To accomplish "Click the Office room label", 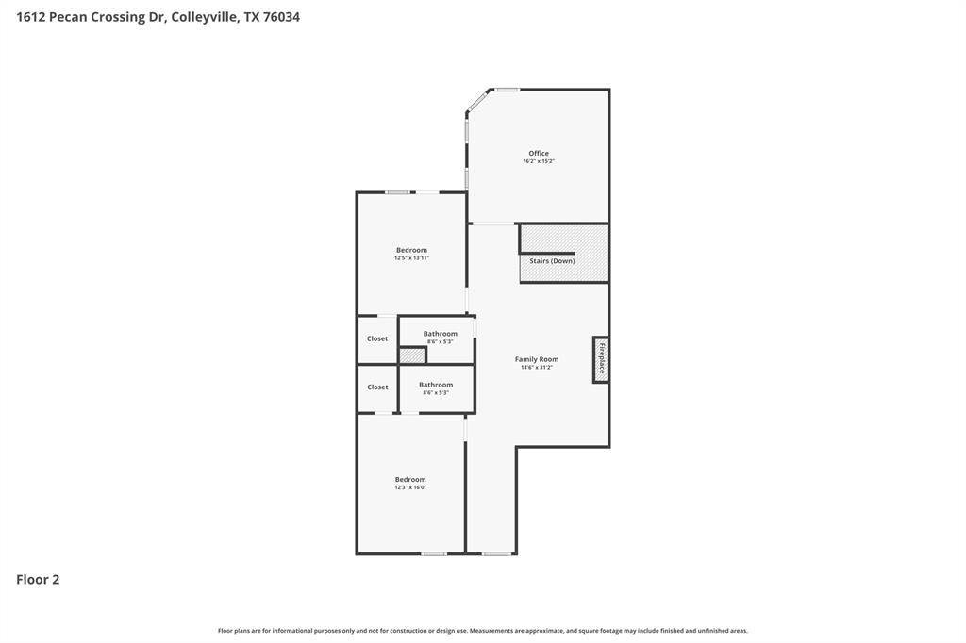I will tap(538, 153).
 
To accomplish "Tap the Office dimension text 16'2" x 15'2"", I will tap(538, 161).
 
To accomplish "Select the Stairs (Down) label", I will tap(552, 260).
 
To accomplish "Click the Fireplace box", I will tap(600, 359).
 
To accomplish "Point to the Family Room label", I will tap(536, 359).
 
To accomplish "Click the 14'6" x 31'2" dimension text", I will tap(536, 368).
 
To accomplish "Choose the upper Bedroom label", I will tap(411, 250).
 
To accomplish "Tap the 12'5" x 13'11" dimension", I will tap(411, 258).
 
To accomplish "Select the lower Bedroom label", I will tap(410, 479).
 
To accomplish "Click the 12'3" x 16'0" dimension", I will tap(410, 487).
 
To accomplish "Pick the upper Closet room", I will tap(377, 338).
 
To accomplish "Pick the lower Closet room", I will tap(377, 387).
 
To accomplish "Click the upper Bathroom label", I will tap(440, 334).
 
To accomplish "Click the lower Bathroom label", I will tap(436, 385).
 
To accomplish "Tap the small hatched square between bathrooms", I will tap(411, 355).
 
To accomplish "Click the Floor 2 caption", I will tap(38, 580).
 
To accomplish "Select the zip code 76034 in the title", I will tap(280, 17).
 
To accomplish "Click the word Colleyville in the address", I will tap(205, 17).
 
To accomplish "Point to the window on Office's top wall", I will tap(508, 90).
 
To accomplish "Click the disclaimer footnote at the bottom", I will tap(482, 631).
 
